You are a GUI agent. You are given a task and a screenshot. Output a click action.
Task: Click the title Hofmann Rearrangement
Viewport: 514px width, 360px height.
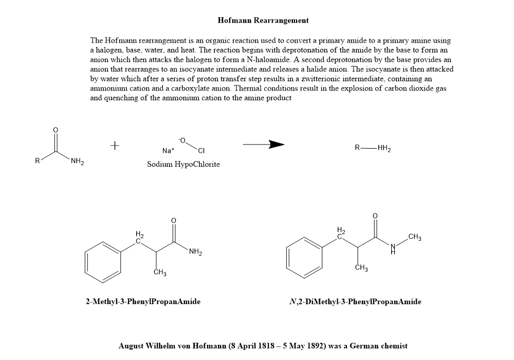coord(263,21)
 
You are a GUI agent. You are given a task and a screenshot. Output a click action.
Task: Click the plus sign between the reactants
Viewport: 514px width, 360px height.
coord(115,146)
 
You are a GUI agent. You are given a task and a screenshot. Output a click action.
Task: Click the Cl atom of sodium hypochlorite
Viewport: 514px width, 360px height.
coord(201,151)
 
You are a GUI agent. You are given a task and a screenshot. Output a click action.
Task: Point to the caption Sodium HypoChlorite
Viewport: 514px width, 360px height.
coord(183,164)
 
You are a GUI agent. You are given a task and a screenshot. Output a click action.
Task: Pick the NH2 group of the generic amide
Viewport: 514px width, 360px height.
coord(78,163)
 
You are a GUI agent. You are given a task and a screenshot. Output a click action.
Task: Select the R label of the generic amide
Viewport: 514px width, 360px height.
coord(37,161)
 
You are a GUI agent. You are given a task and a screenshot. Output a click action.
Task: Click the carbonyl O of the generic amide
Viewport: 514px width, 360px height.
coord(56,129)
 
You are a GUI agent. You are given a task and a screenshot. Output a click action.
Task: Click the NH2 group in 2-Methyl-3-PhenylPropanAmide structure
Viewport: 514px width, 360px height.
coord(195,252)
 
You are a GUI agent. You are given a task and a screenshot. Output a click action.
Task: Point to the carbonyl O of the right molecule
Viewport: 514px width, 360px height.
coord(375,215)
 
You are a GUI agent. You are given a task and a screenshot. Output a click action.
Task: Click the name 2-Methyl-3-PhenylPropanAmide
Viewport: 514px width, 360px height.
coord(143,301)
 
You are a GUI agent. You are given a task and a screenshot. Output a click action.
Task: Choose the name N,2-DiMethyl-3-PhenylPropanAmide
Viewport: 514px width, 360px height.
coord(355,301)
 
